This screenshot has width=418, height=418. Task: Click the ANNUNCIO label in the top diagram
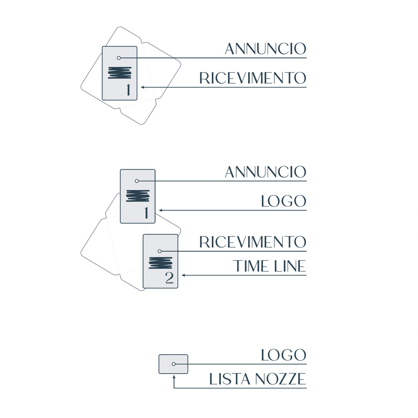point(266,49)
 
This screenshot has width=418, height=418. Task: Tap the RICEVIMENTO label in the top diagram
point(253,78)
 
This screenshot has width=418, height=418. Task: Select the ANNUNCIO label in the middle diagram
point(266,172)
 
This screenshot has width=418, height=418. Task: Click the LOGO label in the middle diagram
point(284,201)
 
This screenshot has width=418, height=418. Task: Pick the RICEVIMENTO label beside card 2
point(253,242)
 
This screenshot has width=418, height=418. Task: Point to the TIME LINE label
point(269,266)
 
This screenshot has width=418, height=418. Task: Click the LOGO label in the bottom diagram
point(284,355)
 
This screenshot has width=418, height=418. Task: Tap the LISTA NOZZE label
point(258,379)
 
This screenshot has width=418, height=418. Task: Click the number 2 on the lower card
point(169,278)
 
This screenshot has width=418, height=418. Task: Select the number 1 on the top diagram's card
point(128,90)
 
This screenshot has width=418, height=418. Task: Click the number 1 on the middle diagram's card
point(146,213)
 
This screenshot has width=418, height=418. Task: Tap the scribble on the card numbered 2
point(161,263)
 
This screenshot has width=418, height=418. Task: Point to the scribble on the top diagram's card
point(120,73)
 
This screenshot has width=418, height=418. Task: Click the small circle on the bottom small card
point(174,364)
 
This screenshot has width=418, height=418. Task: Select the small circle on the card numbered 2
point(160,251)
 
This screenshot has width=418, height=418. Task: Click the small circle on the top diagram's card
point(119,58)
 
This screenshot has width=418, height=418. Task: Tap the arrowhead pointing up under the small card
point(174,377)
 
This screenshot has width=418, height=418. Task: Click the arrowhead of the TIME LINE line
point(183,275)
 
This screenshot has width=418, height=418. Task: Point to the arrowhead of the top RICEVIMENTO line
point(142,87)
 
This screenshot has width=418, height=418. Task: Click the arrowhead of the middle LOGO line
point(161,210)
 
